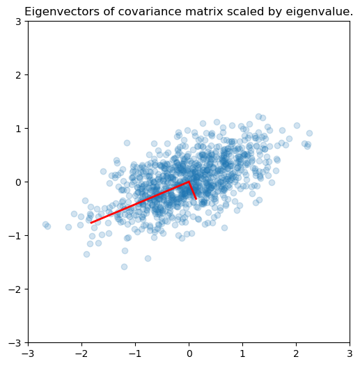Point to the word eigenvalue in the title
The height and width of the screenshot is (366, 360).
[x=319, y=12]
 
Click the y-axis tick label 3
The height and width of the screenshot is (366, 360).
[x=19, y=22]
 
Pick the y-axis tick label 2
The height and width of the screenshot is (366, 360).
[x=19, y=75]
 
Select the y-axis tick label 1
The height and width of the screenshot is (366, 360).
[x=19, y=129]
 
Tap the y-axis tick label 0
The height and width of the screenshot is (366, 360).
[x=19, y=182]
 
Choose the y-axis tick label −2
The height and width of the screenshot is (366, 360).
[x=15, y=289]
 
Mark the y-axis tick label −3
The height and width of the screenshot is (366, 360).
[x=15, y=342]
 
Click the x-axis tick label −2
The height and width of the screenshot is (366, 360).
[x=81, y=354]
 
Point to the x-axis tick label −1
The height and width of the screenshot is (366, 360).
[x=135, y=354]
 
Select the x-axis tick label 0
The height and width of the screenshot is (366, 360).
[x=189, y=354]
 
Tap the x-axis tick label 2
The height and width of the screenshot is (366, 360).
[x=296, y=354]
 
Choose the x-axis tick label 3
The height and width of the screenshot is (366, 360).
[x=350, y=354]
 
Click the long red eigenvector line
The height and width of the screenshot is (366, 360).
[x=140, y=202]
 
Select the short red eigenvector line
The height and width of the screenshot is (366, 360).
[x=192, y=190]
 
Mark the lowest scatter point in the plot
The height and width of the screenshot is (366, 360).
[x=124, y=266]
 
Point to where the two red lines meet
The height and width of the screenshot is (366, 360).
[x=189, y=182]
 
